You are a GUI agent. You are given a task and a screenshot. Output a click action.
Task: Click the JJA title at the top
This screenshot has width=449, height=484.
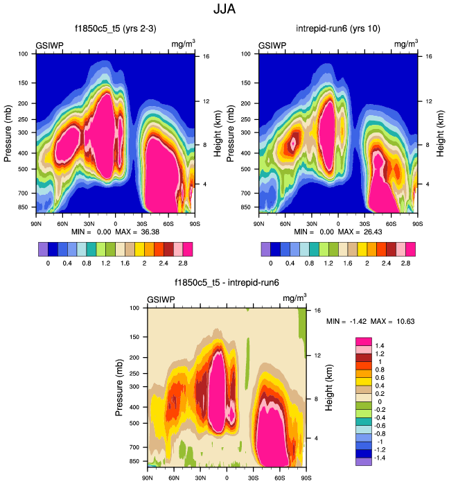click(224, 10)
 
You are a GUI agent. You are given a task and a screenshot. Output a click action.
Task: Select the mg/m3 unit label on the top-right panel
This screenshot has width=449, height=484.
click(406, 44)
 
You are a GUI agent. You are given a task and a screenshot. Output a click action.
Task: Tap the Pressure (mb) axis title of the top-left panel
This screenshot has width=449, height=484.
click(8, 132)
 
